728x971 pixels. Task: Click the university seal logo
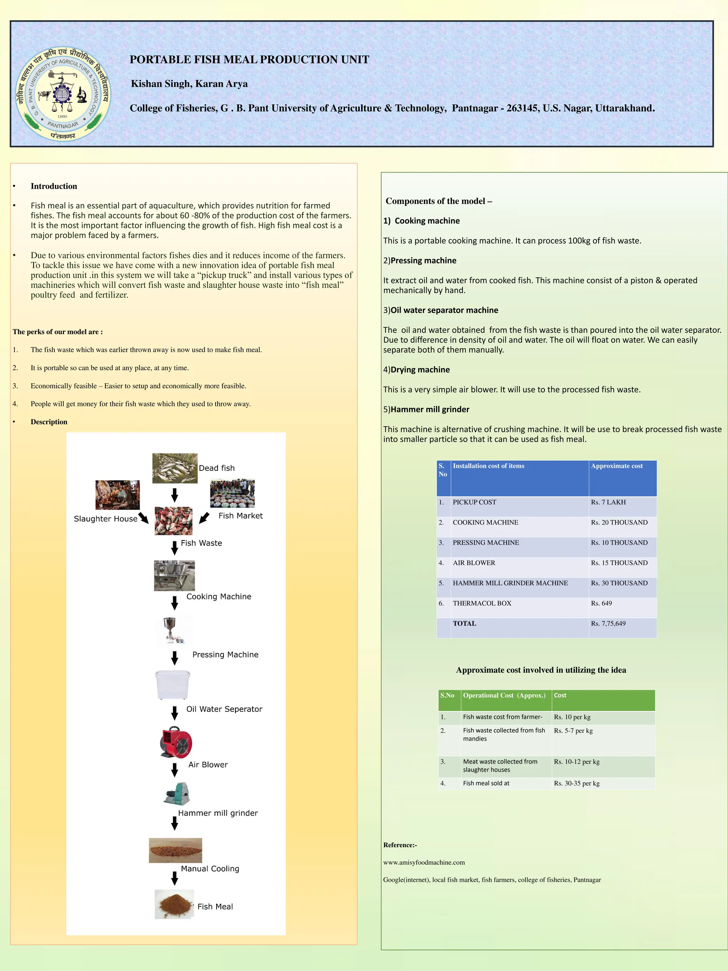click(63, 94)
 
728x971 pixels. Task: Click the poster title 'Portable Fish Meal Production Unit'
click(249, 60)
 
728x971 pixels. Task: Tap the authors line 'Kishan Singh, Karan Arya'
click(189, 84)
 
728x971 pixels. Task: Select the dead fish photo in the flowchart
click(175, 468)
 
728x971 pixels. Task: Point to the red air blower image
click(176, 742)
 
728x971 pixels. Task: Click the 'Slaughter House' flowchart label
click(105, 519)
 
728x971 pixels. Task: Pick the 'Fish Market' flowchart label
click(240, 516)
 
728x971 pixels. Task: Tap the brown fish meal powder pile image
click(174, 904)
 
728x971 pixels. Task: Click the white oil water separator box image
click(173, 684)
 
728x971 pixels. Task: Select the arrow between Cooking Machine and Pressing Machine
click(175, 603)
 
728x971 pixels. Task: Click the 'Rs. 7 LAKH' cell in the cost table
click(608, 502)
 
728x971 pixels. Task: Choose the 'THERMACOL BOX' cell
click(482, 603)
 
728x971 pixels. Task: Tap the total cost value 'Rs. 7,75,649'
click(608, 623)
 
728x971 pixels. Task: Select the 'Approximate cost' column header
click(616, 466)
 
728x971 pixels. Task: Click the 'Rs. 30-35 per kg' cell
click(577, 783)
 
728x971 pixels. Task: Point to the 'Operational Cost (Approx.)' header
click(504, 695)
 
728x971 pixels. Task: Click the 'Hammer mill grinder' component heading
click(430, 410)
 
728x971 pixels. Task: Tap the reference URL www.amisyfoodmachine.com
click(424, 862)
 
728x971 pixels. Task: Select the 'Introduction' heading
click(54, 186)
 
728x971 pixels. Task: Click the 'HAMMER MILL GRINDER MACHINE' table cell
click(510, 583)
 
